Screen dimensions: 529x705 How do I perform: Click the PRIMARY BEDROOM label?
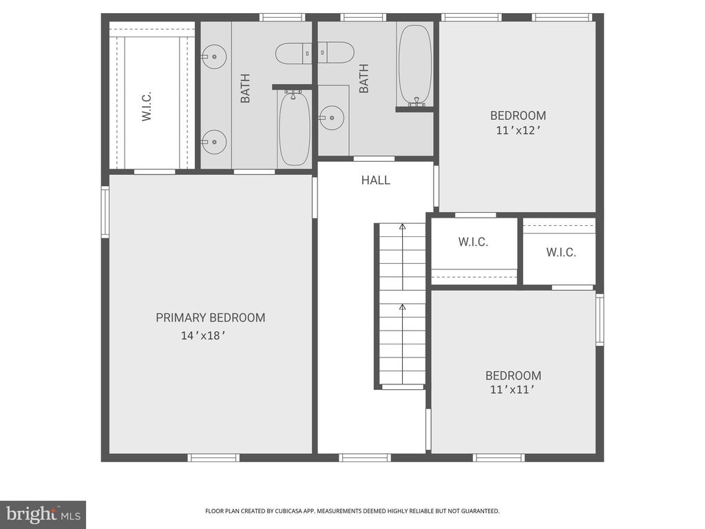[x=210, y=318]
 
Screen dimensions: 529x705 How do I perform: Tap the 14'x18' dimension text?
[x=203, y=336]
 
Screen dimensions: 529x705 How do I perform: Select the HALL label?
[x=376, y=180]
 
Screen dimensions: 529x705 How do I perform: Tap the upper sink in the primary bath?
[x=214, y=56]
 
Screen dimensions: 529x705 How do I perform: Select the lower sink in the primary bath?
[x=214, y=141]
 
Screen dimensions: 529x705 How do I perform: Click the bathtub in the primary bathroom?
[x=295, y=129]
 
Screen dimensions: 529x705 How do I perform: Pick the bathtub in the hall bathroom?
[x=414, y=65]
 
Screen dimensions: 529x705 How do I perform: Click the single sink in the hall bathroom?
[x=333, y=118]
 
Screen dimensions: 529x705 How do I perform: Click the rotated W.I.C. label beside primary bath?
[x=147, y=105]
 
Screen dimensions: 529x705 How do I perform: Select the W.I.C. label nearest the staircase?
[x=473, y=242]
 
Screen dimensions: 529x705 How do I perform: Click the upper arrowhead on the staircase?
[x=403, y=226]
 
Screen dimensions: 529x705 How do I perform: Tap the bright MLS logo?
[x=43, y=514]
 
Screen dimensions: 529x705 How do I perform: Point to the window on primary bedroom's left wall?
[x=105, y=212]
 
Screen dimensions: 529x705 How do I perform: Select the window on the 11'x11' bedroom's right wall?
[x=600, y=319]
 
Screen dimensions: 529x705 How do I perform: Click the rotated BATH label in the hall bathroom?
[x=364, y=79]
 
